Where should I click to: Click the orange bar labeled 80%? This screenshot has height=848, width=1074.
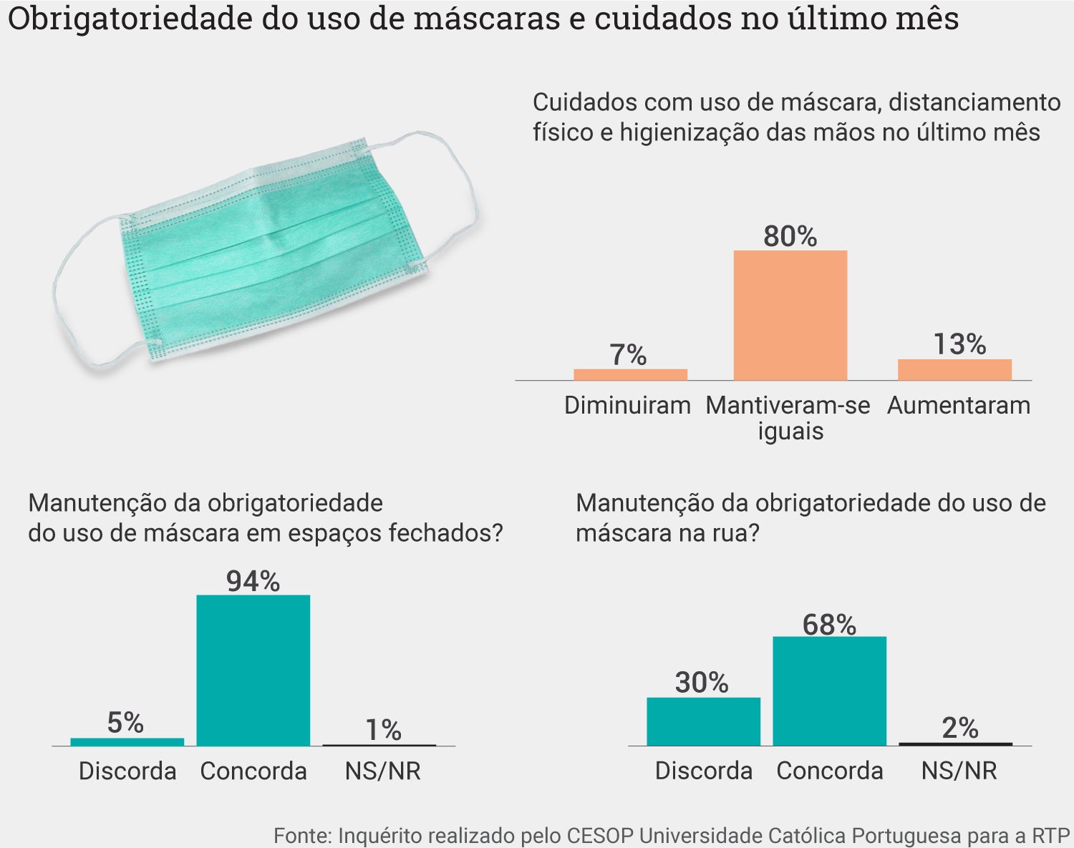(x=790, y=315)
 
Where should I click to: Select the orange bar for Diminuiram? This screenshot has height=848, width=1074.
(x=630, y=374)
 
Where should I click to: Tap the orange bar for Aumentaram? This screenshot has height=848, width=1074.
(x=954, y=369)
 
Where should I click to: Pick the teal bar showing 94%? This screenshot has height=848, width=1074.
(x=253, y=670)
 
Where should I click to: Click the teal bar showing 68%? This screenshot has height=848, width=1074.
(x=829, y=691)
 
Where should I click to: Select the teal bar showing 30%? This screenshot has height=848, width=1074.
(x=703, y=721)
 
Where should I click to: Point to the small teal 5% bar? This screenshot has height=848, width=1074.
(x=127, y=741)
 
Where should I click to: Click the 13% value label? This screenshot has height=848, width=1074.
(x=959, y=344)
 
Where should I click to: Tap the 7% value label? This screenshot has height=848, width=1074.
(x=628, y=355)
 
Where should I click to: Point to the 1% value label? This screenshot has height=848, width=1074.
(x=383, y=730)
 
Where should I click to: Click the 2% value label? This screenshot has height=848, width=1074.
(x=959, y=728)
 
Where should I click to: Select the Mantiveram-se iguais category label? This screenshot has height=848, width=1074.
(x=788, y=418)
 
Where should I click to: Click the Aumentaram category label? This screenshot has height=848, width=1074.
(x=959, y=406)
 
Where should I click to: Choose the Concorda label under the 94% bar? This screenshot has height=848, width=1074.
(x=253, y=771)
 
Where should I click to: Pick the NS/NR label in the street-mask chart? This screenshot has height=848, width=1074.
(x=959, y=771)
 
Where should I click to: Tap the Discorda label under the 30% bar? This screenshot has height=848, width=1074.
(x=703, y=771)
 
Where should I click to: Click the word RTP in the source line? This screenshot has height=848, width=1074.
(x=1050, y=835)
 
